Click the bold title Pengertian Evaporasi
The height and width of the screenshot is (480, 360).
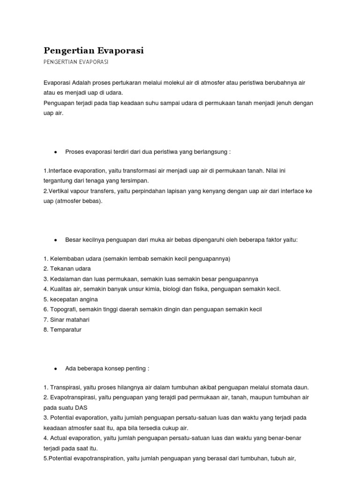[x=94, y=51]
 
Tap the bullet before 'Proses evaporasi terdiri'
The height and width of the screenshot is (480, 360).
[x=56, y=152]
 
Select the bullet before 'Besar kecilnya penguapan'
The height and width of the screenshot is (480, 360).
[x=56, y=240]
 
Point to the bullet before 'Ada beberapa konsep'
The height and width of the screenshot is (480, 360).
[x=56, y=368]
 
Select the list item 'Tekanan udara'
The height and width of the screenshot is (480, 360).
[x=67, y=269]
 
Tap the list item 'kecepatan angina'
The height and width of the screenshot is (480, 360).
[x=71, y=300]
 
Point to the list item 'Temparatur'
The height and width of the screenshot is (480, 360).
[x=65, y=330]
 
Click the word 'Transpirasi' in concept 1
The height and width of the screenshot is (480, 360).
[x=65, y=387]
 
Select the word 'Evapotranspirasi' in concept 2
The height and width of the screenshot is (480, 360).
[x=72, y=397]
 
